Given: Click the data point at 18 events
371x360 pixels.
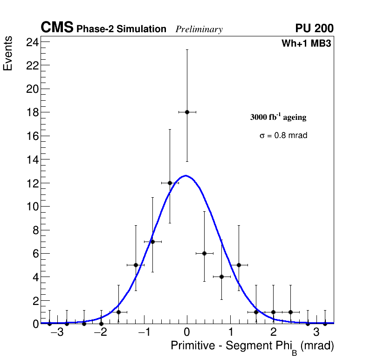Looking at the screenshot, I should (x=187, y=112).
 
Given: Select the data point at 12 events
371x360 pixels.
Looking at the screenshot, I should (x=170, y=183).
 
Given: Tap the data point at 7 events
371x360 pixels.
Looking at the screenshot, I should (x=152, y=242).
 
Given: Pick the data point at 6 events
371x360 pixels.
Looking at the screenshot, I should (x=204, y=253).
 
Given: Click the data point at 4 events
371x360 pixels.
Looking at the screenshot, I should (x=221, y=277).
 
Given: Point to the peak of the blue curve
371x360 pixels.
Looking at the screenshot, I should (x=186, y=176).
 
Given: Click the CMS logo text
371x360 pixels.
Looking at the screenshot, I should (x=57, y=28).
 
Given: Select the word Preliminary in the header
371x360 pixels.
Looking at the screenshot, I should (x=199, y=30).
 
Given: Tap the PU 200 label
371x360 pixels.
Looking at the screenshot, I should (x=314, y=29).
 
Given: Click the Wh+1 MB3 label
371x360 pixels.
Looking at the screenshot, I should (x=306, y=44).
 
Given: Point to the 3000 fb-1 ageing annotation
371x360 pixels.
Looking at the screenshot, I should (x=278, y=117).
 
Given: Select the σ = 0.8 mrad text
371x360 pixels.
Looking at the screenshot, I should (x=283, y=136).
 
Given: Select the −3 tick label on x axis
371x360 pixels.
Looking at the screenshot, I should (x=57, y=332).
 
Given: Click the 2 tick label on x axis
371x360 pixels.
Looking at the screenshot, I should (x=273, y=332).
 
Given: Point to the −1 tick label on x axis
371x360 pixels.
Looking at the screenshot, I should (x=144, y=332).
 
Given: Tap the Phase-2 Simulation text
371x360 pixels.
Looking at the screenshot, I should (x=121, y=29).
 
